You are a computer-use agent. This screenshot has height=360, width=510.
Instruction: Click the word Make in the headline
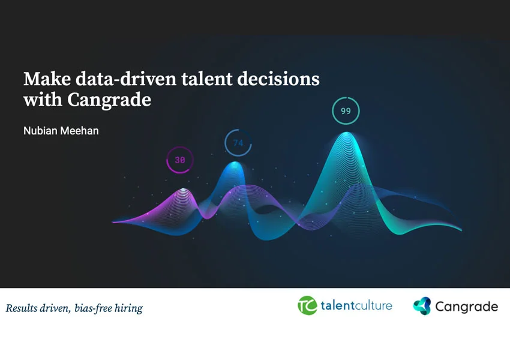(x=47, y=79)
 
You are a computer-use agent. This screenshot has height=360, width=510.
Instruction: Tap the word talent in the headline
(x=206, y=79)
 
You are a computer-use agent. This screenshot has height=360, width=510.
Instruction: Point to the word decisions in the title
(x=278, y=79)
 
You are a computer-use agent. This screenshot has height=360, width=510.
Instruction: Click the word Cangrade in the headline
(x=109, y=100)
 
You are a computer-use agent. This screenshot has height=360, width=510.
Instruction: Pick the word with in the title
(x=43, y=100)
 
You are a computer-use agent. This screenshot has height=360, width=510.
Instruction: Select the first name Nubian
(x=40, y=131)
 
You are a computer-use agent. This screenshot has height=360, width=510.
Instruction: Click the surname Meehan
(x=79, y=131)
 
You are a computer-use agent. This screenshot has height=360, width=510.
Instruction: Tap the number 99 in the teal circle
(x=346, y=111)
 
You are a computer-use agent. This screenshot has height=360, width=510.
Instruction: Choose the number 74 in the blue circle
(x=238, y=143)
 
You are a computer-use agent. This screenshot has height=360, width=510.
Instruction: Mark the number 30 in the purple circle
(x=180, y=160)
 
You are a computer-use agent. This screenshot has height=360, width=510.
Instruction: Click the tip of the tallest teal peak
(x=347, y=132)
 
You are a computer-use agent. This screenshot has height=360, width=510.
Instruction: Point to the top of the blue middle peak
(x=235, y=162)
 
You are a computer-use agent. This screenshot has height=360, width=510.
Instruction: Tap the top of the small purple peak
(x=184, y=188)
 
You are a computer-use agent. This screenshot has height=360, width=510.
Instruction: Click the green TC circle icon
(x=307, y=305)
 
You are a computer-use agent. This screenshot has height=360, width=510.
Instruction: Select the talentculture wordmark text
(x=356, y=305)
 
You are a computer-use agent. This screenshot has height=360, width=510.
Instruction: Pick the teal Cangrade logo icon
(x=422, y=306)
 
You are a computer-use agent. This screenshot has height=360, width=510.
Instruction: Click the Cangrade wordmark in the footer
(x=466, y=307)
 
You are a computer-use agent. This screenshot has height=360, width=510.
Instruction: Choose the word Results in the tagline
(x=22, y=308)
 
